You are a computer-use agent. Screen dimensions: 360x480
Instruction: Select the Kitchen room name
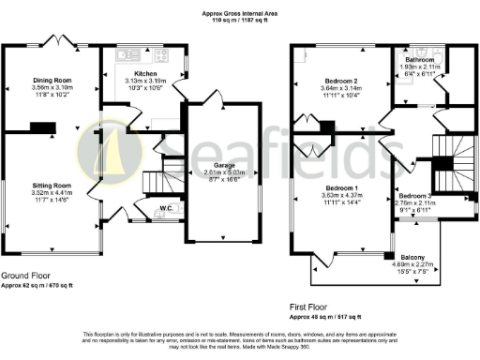[x=144, y=72]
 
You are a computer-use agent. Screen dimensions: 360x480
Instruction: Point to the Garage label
[x=223, y=165]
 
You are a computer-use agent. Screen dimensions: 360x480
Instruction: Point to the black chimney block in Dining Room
[x=40, y=127]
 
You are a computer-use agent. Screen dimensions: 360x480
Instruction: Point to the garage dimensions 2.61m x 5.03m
[x=223, y=172]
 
